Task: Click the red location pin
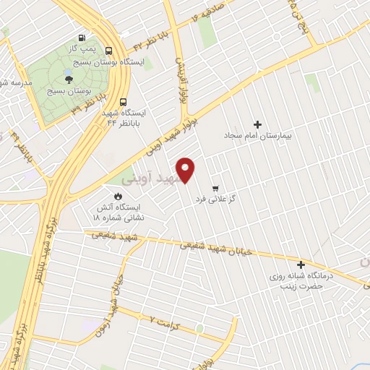pos(186,169)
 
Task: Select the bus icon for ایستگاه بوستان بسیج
pos(108,51)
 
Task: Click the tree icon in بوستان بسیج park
pos(69,79)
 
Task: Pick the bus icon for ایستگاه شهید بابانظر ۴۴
pos(124,102)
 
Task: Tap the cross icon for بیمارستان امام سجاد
pos(257,124)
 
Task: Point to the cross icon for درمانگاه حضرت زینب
pos(301,264)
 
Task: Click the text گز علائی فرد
pos(218,199)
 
